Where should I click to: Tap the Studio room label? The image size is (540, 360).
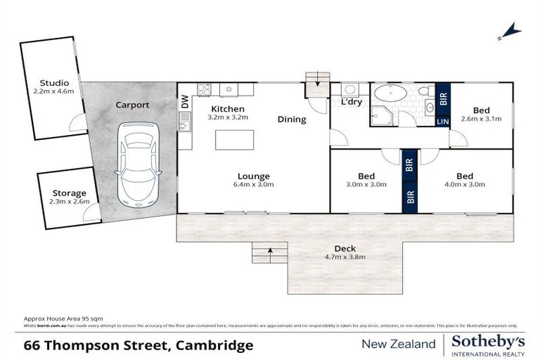pyautogui.click(x=53, y=82)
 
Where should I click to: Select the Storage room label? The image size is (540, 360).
pyautogui.click(x=69, y=193)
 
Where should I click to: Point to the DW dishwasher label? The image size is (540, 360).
pyautogui.click(x=185, y=101)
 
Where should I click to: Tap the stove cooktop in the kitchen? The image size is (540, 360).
pyautogui.click(x=203, y=89)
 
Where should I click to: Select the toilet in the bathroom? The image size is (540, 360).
pyautogui.click(x=425, y=91)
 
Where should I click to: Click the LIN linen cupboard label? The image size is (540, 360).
pyautogui.click(x=442, y=122)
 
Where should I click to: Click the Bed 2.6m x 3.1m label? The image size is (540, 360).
pyautogui.click(x=481, y=119)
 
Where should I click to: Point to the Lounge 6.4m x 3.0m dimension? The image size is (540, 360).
pyautogui.click(x=253, y=185)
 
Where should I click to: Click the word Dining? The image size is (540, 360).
pyautogui.click(x=291, y=120)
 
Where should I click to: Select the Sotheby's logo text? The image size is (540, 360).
pyautogui.click(x=488, y=340)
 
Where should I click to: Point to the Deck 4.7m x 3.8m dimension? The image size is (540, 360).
pyautogui.click(x=345, y=257)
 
